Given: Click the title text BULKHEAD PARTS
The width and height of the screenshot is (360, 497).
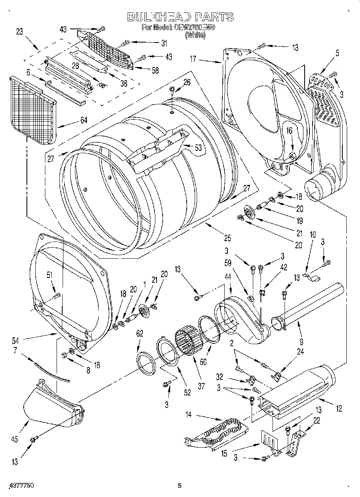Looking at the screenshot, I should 180,16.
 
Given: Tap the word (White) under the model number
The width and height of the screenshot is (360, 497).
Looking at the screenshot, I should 195,35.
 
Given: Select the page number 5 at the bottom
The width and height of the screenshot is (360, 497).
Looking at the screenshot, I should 180,486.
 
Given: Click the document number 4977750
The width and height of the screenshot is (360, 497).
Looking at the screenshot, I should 21,486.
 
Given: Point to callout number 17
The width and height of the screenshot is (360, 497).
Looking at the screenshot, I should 193,59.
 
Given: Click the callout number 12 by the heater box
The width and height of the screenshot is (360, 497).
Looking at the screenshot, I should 339,409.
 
